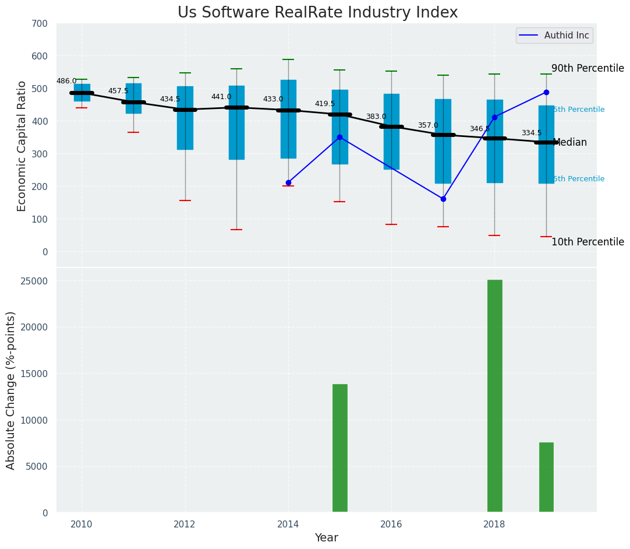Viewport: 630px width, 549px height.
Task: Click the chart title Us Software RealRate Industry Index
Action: (x=317, y=13)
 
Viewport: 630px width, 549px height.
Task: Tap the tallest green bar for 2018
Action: (x=494, y=396)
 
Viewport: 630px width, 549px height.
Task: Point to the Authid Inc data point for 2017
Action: (x=443, y=199)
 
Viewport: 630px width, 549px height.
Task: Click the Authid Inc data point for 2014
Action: (x=288, y=182)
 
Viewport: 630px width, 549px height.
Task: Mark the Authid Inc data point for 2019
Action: (x=546, y=92)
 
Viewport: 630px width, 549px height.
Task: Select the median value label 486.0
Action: (x=66, y=81)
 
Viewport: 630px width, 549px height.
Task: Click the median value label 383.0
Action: (x=376, y=117)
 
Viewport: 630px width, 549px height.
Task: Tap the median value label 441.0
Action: (x=221, y=97)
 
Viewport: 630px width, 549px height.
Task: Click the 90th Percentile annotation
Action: (x=587, y=68)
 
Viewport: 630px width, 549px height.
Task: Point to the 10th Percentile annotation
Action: (x=587, y=242)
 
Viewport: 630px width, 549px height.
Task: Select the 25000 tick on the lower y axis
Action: (x=35, y=281)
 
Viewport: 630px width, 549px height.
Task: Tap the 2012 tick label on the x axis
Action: (x=185, y=524)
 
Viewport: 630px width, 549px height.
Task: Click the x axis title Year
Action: (x=326, y=537)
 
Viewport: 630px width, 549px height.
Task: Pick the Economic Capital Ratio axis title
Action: (x=22, y=146)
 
